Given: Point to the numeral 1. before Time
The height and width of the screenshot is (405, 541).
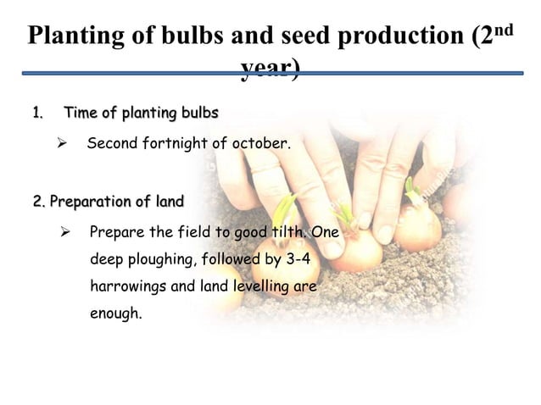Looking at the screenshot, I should pos(37,113).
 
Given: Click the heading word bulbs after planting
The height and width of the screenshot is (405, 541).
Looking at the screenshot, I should pos(198,113).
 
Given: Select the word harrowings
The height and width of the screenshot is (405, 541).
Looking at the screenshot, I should pos(128,286).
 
